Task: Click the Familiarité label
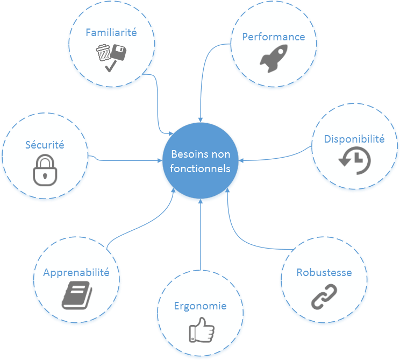pos(111,32)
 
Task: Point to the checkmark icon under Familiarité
pos(111,66)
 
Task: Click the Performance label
pos(273,37)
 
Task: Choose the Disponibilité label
pos(354,139)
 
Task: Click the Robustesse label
pos(324,272)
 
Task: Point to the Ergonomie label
pos(200,306)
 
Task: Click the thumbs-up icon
pos(201,329)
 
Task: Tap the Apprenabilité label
pos(76,272)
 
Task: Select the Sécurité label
pos(45,145)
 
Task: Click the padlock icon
pos(45,170)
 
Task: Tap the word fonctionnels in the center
pos(201,168)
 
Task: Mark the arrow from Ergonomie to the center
pos(200,237)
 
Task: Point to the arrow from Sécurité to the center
pos(129,160)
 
